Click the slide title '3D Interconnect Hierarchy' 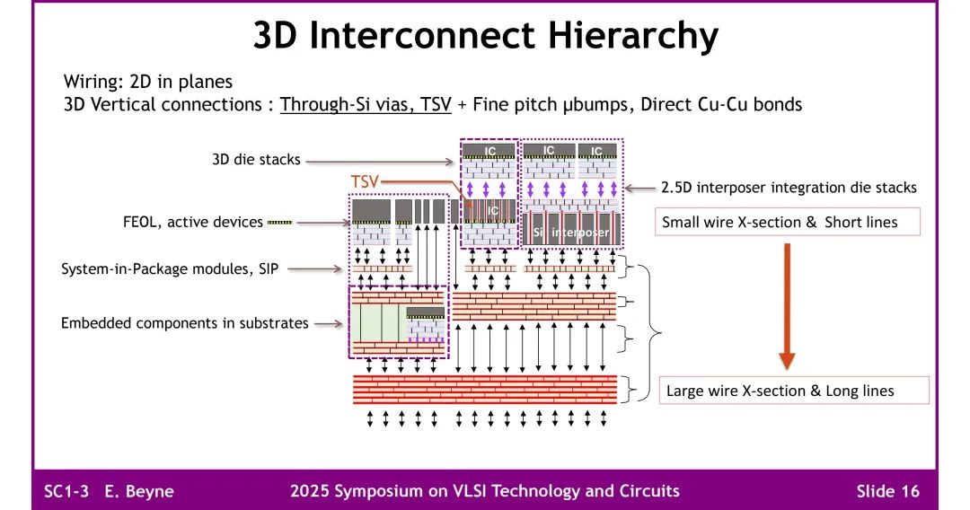[x=485, y=36]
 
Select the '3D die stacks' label [x=256, y=161]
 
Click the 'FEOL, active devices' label [x=194, y=222]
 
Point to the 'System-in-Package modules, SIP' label [x=170, y=268]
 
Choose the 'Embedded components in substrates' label [x=185, y=322]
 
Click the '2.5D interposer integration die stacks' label [x=789, y=188]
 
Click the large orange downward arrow [x=787, y=305]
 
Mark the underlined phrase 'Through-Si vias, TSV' [x=366, y=104]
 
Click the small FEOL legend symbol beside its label [x=280, y=223]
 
